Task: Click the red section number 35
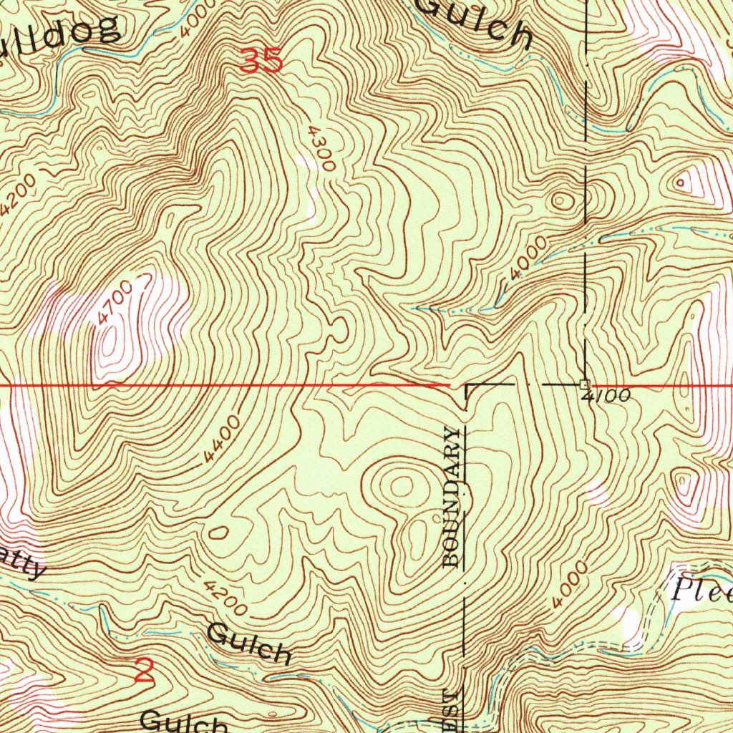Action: click(x=261, y=61)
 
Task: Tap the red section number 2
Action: click(x=145, y=671)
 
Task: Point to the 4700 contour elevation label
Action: click(x=112, y=304)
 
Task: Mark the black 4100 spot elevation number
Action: click(x=605, y=396)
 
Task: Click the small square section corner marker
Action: click(x=585, y=384)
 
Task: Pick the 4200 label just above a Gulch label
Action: click(x=225, y=599)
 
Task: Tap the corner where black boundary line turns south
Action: click(x=466, y=386)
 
